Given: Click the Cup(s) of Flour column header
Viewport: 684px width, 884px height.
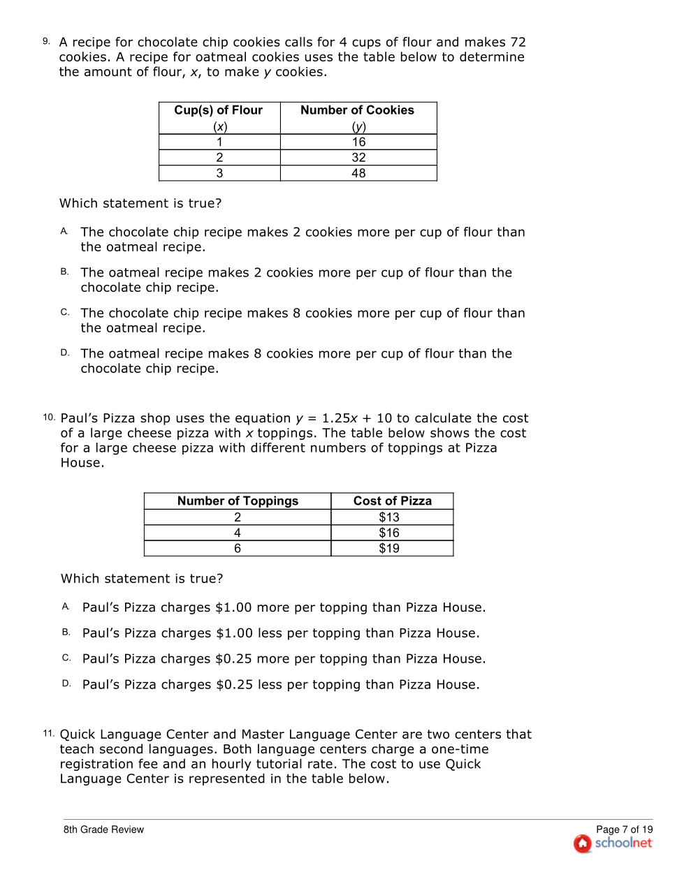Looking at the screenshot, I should [219, 110].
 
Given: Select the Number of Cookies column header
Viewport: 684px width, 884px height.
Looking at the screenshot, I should [357, 110].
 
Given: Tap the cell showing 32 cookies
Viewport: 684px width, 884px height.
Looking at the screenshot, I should [358, 158].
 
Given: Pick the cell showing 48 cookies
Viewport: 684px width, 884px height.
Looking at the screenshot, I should [358, 173].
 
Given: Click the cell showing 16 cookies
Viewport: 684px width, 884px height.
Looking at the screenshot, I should [358, 142].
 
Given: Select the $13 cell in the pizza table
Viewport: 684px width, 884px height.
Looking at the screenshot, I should [389, 517].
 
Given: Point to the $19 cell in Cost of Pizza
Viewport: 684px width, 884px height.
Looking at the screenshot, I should [389, 549].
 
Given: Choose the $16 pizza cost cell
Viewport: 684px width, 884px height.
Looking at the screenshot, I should [389, 533].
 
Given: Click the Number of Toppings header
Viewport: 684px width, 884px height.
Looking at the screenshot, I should [238, 501].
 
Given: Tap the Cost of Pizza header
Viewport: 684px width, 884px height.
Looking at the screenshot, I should [392, 501].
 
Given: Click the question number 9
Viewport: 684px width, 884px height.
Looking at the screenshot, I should [46, 41].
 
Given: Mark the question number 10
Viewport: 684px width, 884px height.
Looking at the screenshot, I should [49, 417].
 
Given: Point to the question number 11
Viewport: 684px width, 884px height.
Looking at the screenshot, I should [48, 733].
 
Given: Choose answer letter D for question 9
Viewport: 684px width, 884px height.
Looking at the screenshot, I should [64, 353].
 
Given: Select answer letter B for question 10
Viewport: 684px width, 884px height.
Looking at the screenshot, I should [66, 632].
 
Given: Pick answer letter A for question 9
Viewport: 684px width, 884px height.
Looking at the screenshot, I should [64, 231].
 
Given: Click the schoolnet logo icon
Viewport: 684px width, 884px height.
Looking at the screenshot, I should [583, 844].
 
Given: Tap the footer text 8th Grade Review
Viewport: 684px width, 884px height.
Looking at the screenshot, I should [103, 830].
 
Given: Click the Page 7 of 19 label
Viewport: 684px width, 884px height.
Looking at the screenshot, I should [624, 830].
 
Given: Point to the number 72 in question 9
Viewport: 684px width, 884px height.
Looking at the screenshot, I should [518, 43].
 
